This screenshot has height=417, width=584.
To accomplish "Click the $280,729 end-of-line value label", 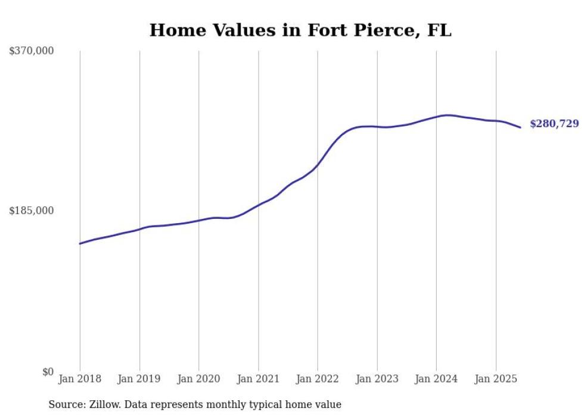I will pos(554,124).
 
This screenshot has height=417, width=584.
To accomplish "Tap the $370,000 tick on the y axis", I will pos(32,51).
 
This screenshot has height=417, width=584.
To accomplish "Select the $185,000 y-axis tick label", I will pos(32,211).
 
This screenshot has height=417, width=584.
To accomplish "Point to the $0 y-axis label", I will pos(48,372).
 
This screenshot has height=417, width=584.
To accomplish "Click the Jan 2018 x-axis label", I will pos(80,379).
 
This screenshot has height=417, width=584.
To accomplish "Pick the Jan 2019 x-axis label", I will pos(139,379).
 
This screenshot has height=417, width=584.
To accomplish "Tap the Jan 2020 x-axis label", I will pos(199,379).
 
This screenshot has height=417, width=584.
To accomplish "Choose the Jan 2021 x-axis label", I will pos(258,379).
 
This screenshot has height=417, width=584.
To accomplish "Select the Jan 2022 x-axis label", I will pos(318,379).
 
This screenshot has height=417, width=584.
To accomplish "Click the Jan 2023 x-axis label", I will pos(377,379).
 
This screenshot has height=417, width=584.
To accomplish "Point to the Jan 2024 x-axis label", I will pos(436,379).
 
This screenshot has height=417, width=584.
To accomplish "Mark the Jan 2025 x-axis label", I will pos(496,379).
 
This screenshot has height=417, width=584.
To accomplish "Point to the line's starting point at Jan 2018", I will pos(80,243).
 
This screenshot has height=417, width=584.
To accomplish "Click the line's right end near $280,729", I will pos(520,127).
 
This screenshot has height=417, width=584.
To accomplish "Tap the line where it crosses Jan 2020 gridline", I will pos(199,220).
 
